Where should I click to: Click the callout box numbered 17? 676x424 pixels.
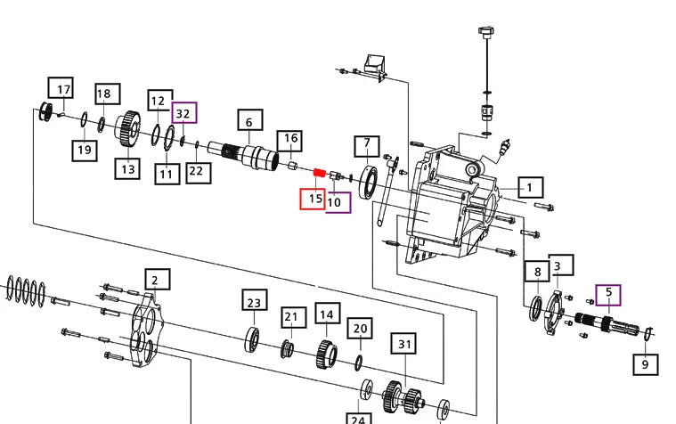63,89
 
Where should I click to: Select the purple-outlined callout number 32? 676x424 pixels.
183,114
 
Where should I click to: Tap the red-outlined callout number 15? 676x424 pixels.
312,199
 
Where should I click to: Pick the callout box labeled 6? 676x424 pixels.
249,121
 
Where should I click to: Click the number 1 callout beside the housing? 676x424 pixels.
529,187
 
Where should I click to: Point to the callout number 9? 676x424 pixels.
645,363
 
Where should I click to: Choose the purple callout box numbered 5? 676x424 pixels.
609,292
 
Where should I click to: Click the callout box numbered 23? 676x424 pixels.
254,302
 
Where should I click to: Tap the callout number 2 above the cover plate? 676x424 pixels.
155,281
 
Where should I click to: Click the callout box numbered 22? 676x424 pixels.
197,171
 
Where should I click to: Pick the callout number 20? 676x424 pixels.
359,329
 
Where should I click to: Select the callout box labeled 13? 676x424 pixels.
126,167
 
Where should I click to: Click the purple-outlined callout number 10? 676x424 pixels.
337,201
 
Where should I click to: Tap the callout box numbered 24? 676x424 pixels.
357,419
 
